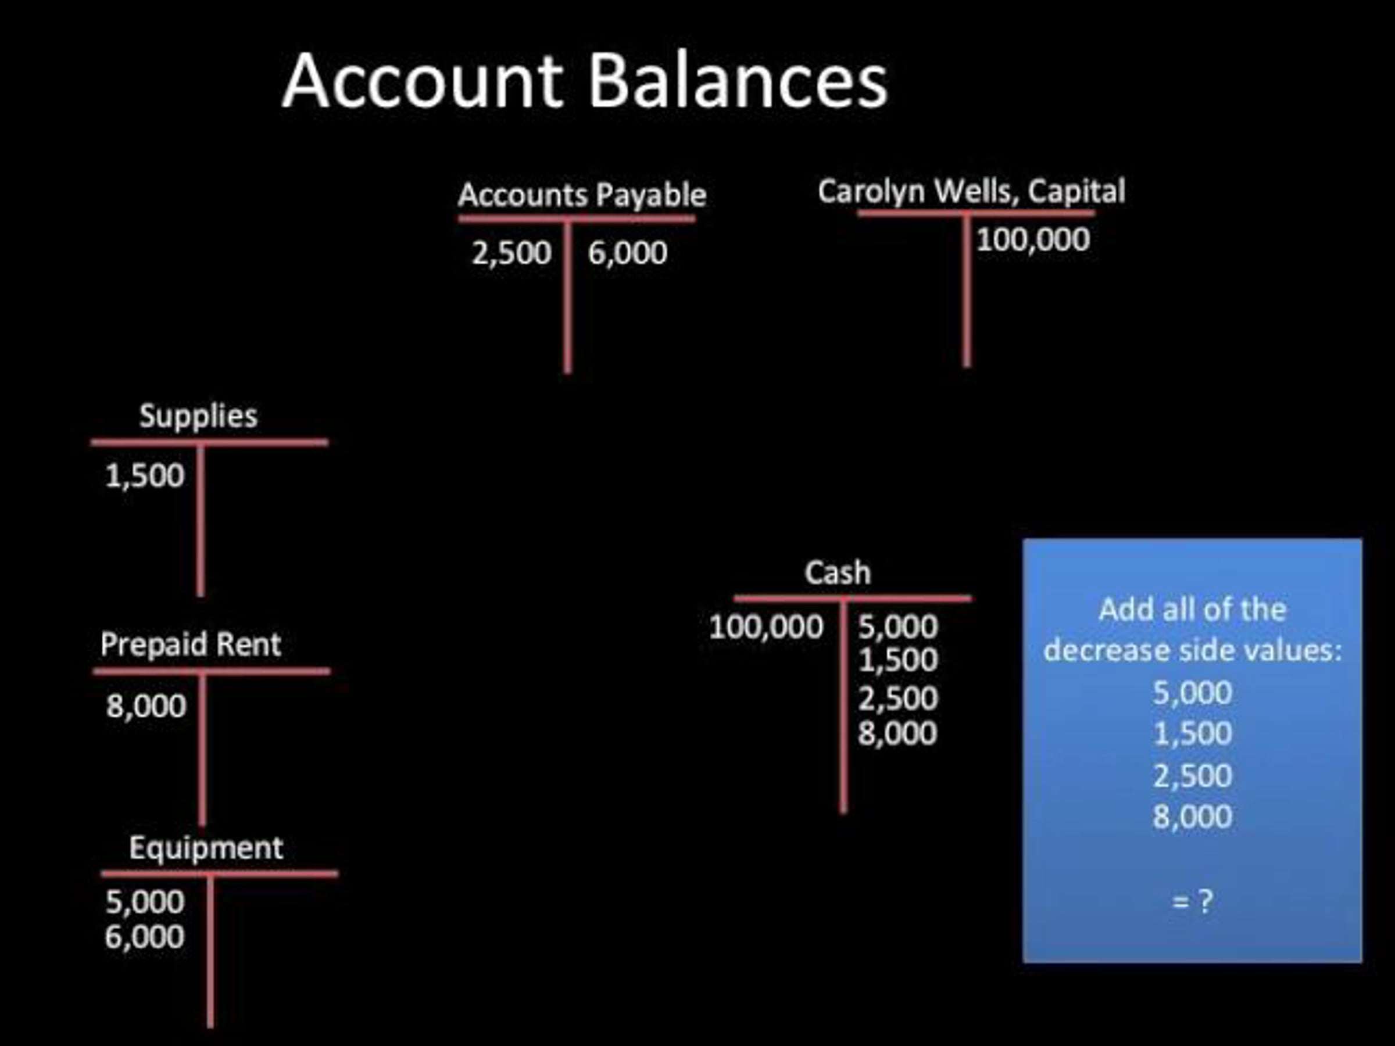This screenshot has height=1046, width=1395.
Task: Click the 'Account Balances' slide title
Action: click(x=585, y=81)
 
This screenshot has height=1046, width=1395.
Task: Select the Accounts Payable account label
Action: click(x=582, y=195)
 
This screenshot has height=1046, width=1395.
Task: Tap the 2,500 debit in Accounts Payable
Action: click(x=512, y=253)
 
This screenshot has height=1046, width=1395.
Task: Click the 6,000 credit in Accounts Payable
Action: click(x=628, y=253)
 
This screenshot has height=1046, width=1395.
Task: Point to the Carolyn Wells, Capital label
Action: click(x=972, y=191)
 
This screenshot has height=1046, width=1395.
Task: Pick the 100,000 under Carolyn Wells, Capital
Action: click(x=1033, y=239)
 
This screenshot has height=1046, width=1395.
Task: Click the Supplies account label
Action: click(x=198, y=417)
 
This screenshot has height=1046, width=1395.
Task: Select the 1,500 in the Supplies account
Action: click(x=145, y=475)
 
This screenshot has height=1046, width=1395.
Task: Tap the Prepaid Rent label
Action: click(x=191, y=644)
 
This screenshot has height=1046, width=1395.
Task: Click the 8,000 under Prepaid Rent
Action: click(x=146, y=705)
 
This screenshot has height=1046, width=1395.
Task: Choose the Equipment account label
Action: click(x=206, y=848)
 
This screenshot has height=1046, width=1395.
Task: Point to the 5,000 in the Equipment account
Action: click(x=145, y=902)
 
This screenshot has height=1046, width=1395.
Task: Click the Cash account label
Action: click(x=838, y=572)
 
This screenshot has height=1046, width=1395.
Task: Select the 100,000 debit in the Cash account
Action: click(x=766, y=626)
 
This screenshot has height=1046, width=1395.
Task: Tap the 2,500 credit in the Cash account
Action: click(x=898, y=698)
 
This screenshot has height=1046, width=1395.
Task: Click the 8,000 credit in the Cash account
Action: click(x=897, y=733)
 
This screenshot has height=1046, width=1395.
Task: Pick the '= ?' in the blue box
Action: click(x=1192, y=902)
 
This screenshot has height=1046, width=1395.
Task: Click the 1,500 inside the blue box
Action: click(x=1193, y=733)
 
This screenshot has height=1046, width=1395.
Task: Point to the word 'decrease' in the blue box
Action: click(x=1104, y=650)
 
